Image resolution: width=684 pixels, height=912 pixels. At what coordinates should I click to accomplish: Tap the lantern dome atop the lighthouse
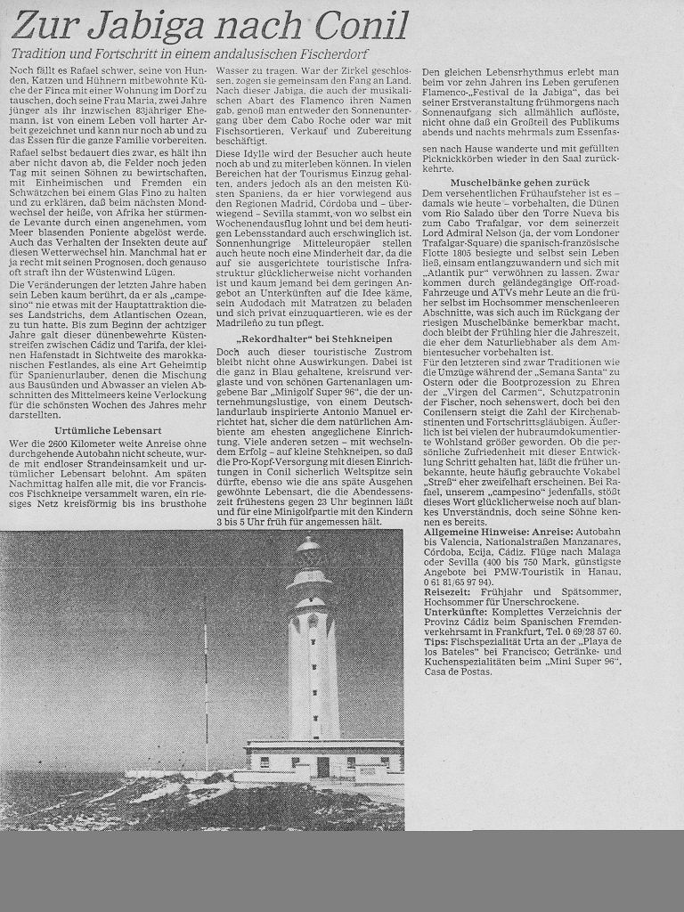[x=309, y=550]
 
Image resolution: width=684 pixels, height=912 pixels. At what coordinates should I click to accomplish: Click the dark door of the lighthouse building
[x=322, y=765]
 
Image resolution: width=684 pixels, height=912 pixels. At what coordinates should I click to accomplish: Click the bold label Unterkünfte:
[x=455, y=612]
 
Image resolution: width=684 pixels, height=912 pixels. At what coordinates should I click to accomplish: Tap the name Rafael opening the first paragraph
[x=83, y=70]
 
